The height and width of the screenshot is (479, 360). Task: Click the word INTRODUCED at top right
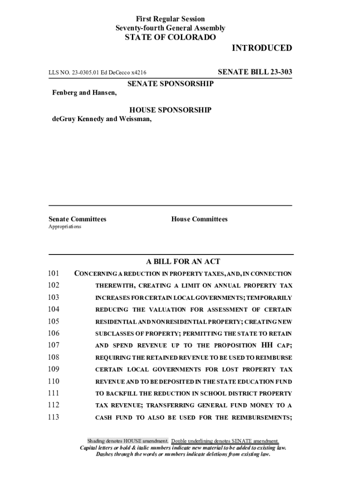[262, 48]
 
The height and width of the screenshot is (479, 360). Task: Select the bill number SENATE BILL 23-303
[255, 72]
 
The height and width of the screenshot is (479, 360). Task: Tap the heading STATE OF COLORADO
[170, 37]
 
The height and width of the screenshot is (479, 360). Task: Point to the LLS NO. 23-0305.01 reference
[75, 73]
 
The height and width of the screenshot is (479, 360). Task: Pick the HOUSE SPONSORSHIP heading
[170, 110]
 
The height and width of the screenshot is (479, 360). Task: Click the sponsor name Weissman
[136, 119]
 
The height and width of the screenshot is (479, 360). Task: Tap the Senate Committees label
[77, 219]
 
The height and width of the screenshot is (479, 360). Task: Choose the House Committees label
[199, 219]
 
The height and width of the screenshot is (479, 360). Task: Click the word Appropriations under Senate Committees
[65, 227]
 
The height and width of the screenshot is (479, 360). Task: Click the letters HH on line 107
[265, 345]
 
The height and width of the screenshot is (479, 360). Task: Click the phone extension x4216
[138, 73]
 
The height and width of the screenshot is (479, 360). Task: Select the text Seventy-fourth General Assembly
[170, 28]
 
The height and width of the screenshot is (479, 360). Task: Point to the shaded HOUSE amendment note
[128, 441]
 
